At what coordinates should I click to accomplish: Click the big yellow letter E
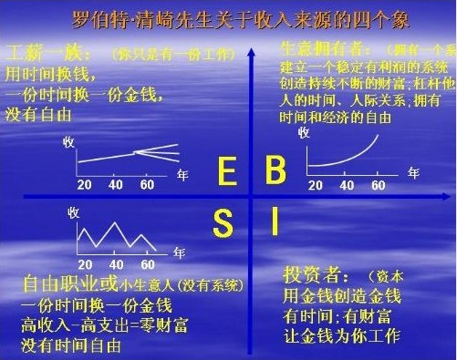click(228, 170)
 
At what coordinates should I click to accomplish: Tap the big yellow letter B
click(275, 170)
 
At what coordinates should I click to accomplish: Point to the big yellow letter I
click(273, 221)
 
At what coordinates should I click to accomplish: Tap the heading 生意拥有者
click(311, 48)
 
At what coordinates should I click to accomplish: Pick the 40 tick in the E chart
click(116, 186)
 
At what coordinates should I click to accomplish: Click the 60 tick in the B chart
click(378, 186)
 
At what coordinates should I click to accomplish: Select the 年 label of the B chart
click(414, 171)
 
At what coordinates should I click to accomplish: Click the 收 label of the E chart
click(68, 142)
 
